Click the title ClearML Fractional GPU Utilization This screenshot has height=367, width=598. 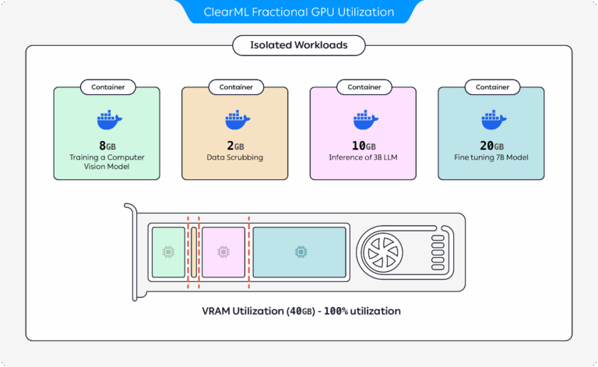299,12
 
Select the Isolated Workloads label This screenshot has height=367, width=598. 299,45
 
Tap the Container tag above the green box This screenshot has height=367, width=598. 107,87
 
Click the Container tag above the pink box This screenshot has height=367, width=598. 363,87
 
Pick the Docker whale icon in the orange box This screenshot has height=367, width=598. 235,118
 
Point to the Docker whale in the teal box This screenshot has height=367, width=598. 491,118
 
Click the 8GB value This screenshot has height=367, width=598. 107,146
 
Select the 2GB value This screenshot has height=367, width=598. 235,146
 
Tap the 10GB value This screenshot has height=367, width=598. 363,146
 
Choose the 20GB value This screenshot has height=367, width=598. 491,146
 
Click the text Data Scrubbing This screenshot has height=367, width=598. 235,157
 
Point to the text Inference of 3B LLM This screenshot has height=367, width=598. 363,157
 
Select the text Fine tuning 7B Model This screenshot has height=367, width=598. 491,157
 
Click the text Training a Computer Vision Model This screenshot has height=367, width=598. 107,162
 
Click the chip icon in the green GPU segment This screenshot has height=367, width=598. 168,252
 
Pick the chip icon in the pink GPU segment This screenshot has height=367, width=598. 223,252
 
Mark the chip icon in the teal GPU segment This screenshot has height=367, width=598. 299,252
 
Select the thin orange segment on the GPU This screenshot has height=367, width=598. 194,252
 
